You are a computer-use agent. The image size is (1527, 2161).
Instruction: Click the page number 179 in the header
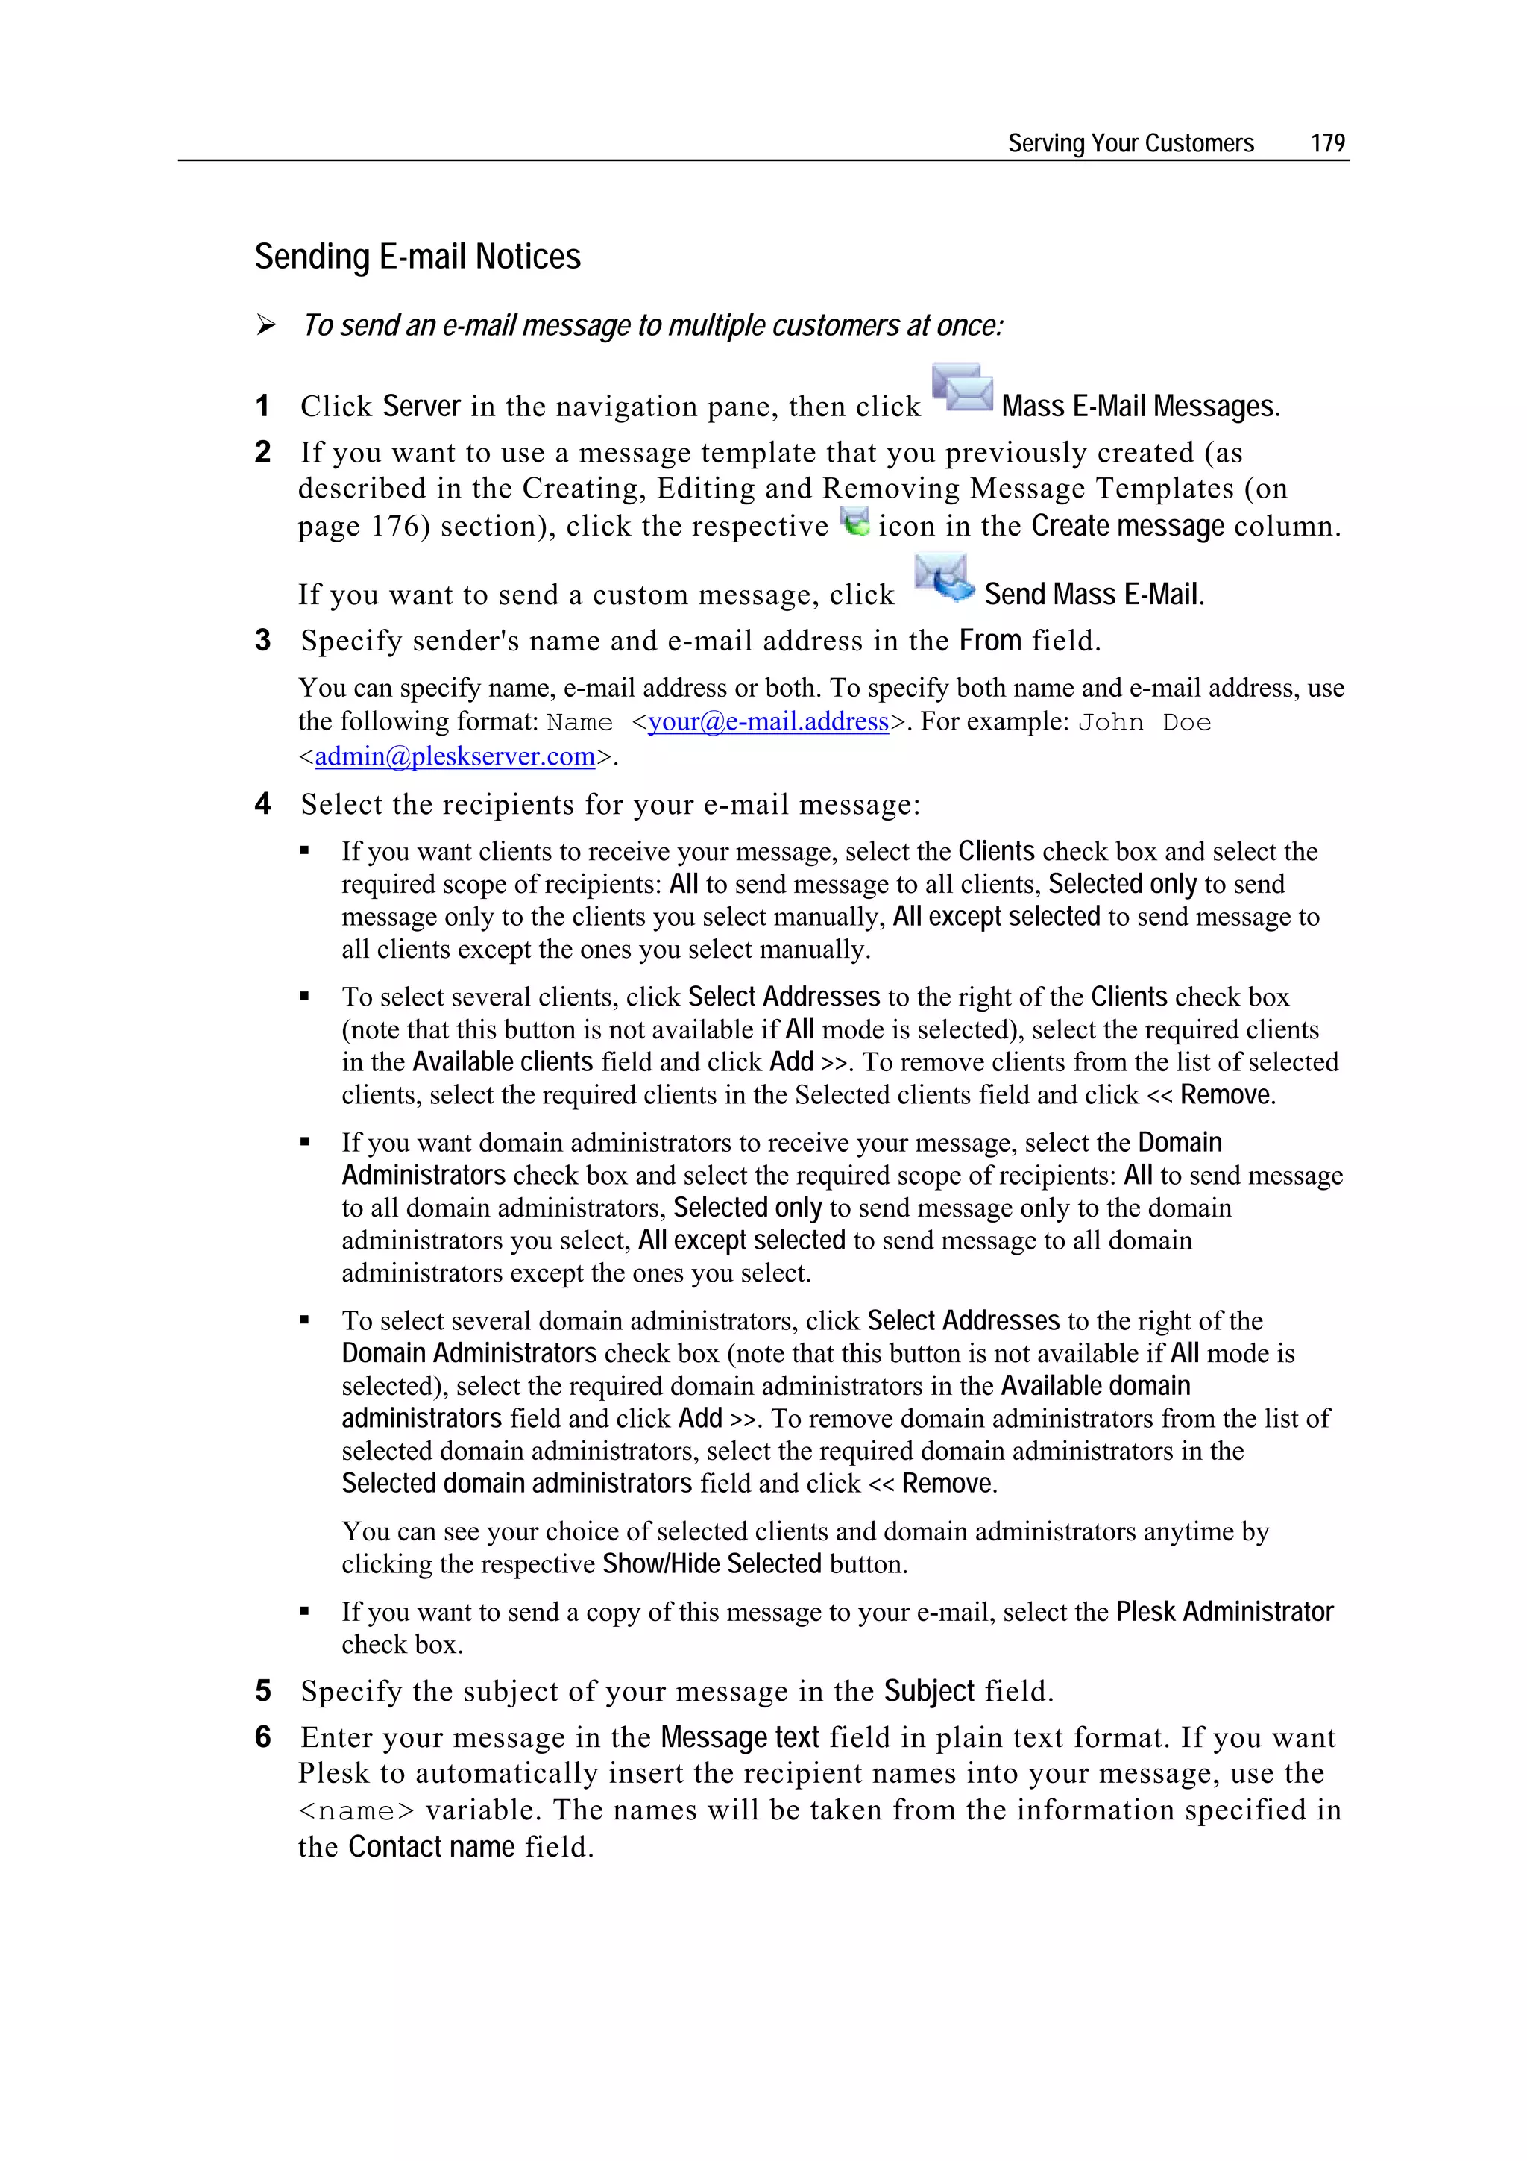tap(1326, 143)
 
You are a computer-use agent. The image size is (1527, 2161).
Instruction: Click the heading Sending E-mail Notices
tap(417, 257)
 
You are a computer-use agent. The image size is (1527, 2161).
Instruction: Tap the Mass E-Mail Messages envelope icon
tap(962, 388)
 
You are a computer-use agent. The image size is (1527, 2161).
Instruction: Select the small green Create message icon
tap(854, 521)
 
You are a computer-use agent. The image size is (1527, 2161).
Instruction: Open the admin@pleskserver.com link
tap(454, 756)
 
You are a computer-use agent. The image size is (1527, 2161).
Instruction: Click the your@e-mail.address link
tap(768, 722)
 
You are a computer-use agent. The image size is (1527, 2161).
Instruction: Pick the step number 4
tap(262, 804)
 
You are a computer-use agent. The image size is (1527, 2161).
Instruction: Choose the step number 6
tap(262, 1737)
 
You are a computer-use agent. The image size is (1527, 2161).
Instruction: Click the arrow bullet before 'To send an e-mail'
tap(266, 326)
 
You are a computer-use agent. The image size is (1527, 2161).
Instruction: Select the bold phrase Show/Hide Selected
tap(711, 1563)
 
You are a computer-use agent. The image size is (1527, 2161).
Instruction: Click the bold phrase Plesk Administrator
tap(1224, 1611)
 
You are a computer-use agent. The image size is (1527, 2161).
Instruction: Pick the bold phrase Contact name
tap(431, 1847)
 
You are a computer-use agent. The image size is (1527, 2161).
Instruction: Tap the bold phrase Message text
tap(740, 1737)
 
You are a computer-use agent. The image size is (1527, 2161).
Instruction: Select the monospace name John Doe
tap(1143, 723)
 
